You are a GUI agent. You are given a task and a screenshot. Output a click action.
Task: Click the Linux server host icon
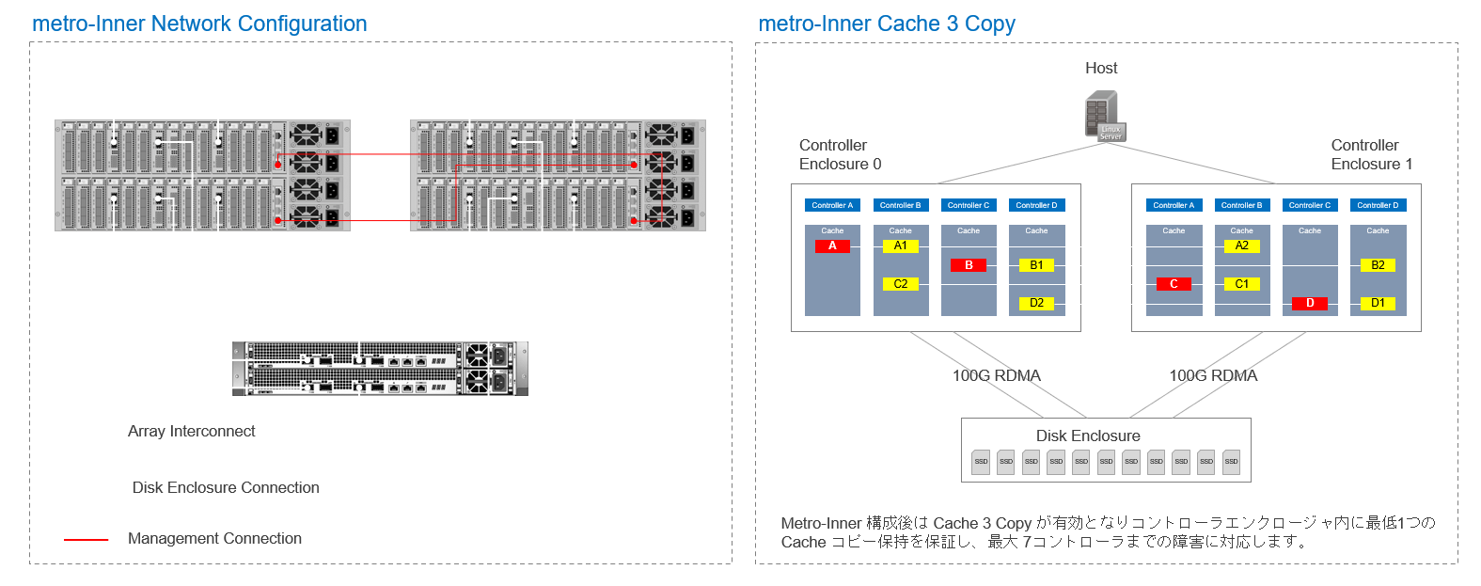(x=1104, y=116)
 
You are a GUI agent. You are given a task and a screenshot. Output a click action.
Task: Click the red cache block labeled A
(x=832, y=246)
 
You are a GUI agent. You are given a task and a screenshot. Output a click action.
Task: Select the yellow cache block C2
(x=900, y=284)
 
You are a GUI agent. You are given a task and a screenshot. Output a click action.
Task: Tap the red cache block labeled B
(x=969, y=265)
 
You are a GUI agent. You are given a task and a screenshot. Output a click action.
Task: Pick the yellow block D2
(x=1036, y=303)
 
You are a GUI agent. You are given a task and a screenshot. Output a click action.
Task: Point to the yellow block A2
(x=1241, y=246)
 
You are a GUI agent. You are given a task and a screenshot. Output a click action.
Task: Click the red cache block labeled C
(x=1174, y=284)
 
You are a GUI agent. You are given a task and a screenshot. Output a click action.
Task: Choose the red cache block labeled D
(x=1310, y=303)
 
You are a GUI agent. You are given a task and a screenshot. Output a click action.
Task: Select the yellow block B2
(x=1378, y=265)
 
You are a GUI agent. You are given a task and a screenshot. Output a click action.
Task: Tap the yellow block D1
(x=1378, y=303)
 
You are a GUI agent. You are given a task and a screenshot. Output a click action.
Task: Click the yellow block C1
(x=1241, y=284)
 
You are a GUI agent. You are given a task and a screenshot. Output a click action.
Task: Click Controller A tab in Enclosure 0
(x=832, y=205)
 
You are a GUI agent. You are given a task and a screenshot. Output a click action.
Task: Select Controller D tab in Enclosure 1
(x=1378, y=205)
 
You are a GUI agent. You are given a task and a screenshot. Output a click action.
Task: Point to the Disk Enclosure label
(x=1088, y=436)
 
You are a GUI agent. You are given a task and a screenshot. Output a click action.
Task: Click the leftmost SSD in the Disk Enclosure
(x=981, y=462)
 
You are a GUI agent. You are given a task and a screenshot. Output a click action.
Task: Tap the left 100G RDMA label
(x=996, y=376)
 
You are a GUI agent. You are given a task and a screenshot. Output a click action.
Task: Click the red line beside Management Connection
(x=86, y=540)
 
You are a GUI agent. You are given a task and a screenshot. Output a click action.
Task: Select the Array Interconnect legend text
(x=191, y=432)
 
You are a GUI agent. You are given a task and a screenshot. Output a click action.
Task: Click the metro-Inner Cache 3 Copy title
(x=886, y=24)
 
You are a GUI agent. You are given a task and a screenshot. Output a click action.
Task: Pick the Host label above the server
(x=1101, y=69)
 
